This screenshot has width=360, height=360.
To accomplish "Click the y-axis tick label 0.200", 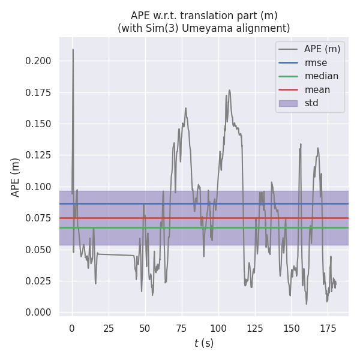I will [x=38, y=61].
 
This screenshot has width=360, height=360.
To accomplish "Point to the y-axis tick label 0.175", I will [x=38, y=93].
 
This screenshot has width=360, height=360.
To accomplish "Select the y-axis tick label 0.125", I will [x=38, y=155].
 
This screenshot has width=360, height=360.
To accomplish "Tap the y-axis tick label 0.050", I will [x=38, y=250].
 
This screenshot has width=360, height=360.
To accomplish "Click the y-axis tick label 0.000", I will [x=38, y=312].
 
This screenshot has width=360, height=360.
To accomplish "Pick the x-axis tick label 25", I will [x=109, y=328].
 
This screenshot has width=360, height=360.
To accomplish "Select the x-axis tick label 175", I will [x=328, y=328].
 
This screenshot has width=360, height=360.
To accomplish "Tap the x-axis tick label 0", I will [x=72, y=328].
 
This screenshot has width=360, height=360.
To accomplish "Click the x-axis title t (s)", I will [x=203, y=343].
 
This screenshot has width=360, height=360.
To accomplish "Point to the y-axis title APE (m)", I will [x=16, y=177].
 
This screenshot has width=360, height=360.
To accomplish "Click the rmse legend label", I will [x=315, y=62].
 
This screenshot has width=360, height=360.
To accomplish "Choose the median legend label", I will [x=321, y=76].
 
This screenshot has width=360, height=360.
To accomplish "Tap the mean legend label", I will [x=317, y=90].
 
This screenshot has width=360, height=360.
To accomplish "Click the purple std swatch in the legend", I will [x=288, y=103].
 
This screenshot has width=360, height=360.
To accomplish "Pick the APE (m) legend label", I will [x=323, y=49].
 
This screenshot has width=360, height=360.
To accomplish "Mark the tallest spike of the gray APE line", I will [x=73, y=50].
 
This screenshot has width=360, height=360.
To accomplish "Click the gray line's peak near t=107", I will [x=229, y=90].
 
